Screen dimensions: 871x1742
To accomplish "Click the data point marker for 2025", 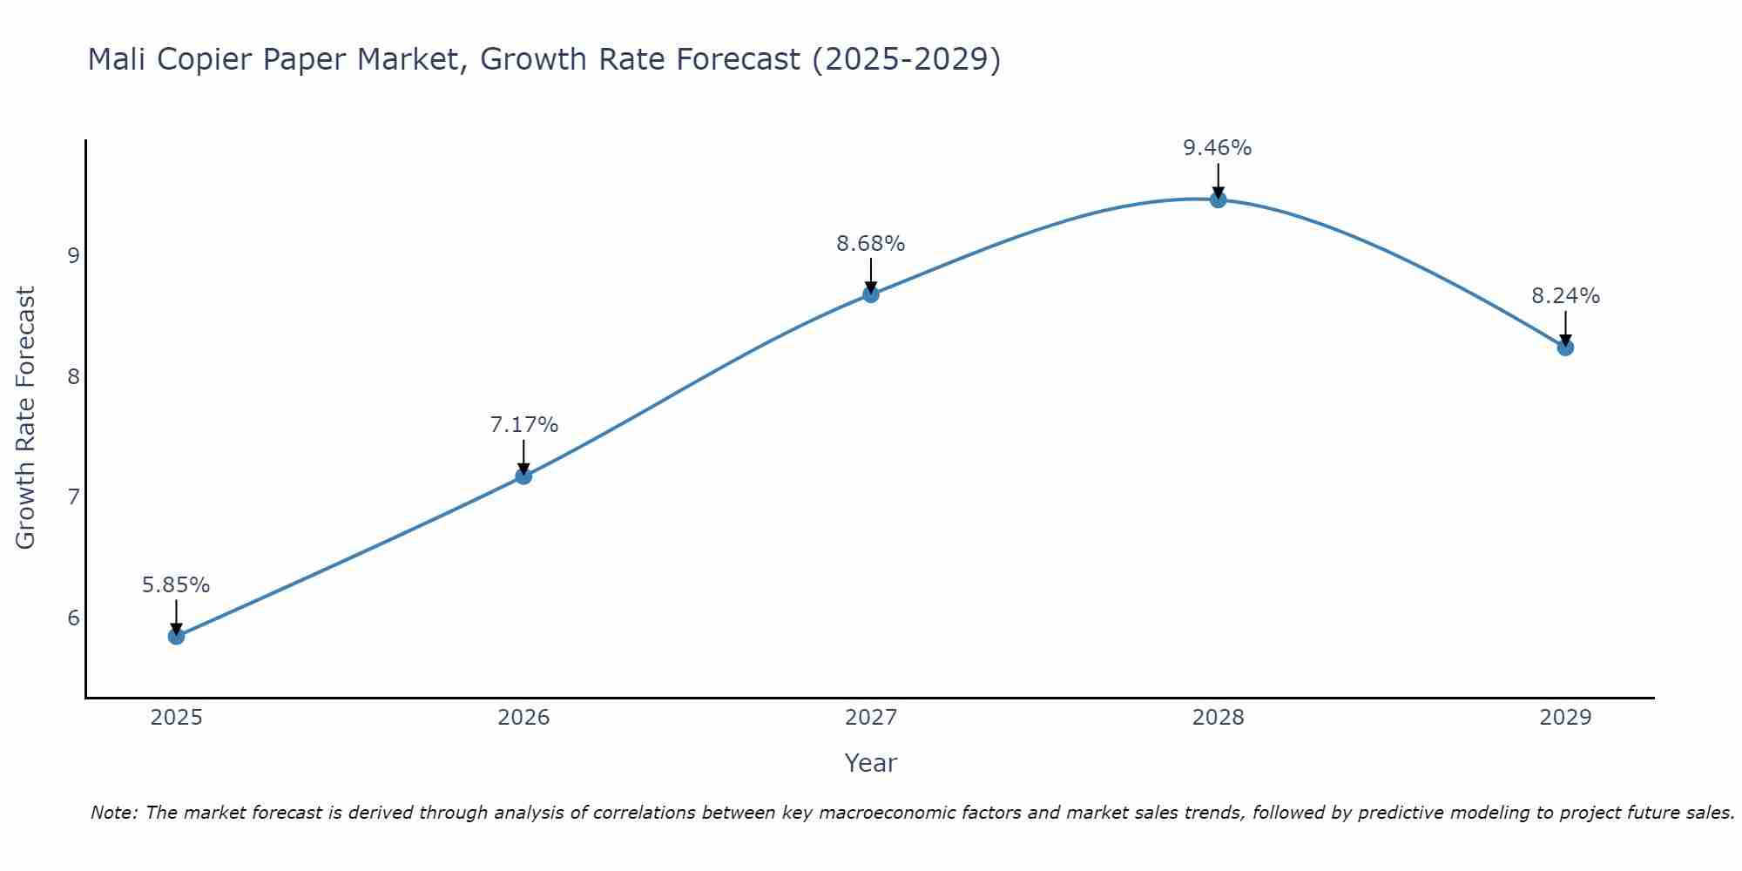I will (176, 636).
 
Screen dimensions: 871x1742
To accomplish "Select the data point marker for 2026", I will (523, 476).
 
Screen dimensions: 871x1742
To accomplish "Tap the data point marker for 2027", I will (870, 294).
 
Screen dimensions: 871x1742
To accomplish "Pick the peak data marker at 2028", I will (1218, 199).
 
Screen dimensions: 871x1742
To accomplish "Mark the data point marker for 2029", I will (1565, 348).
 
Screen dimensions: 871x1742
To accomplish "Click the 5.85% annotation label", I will (176, 585).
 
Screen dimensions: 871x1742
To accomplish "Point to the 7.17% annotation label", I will (523, 425).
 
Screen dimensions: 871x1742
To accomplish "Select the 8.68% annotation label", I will (870, 244).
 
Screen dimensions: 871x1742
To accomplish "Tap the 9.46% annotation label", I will (1218, 148).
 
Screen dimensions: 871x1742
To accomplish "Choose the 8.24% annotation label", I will (1565, 296).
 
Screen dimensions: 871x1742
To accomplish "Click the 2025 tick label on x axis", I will (176, 718).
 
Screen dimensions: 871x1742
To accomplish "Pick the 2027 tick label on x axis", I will (870, 718).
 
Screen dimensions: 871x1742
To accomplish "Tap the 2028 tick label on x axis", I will (1218, 718).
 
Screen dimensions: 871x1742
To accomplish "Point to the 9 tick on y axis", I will (73, 256).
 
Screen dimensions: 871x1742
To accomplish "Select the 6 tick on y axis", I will (73, 618).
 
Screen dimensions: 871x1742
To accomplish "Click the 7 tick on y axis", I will (73, 497).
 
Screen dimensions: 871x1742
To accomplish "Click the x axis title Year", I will (870, 763).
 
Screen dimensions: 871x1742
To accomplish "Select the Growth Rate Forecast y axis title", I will (26, 418).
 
